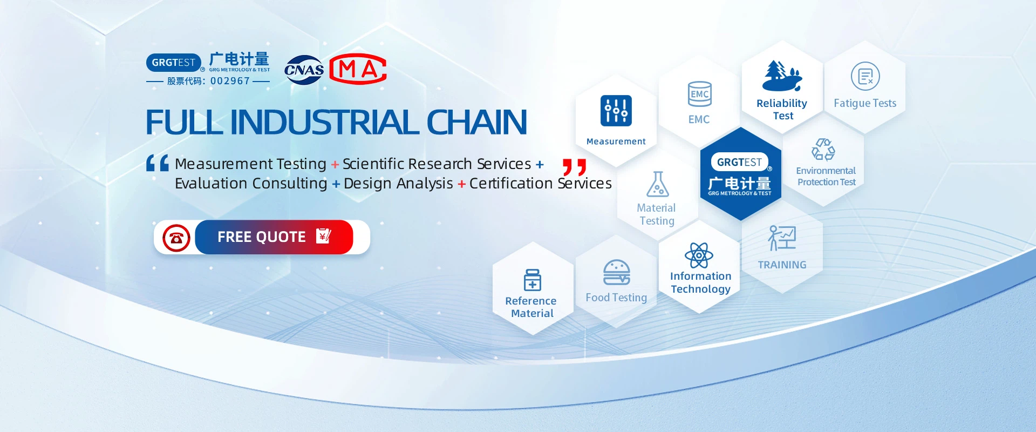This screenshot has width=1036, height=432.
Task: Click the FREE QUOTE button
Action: [274, 237]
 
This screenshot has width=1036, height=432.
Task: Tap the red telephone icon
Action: [176, 238]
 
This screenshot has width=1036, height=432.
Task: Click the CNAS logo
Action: [304, 70]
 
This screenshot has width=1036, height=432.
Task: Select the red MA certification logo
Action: [358, 69]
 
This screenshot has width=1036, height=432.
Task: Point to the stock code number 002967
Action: [230, 81]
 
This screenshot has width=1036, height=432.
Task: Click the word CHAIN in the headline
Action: [476, 122]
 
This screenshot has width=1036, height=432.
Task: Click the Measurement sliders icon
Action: [616, 111]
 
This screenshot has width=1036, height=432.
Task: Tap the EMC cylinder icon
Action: [700, 94]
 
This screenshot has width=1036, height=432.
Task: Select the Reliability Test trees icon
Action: [782, 76]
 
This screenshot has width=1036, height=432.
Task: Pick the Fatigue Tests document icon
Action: [865, 76]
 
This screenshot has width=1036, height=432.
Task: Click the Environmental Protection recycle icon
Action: [823, 150]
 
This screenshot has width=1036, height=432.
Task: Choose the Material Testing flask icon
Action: [658, 184]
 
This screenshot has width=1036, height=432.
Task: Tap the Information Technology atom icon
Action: [699, 255]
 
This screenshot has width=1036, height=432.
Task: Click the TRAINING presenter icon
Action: [782, 238]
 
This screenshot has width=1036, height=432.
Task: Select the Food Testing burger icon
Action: [617, 272]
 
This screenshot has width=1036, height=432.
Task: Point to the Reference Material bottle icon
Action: [533, 280]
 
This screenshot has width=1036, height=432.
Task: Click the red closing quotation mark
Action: [574, 167]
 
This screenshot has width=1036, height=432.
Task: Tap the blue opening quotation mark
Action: [158, 163]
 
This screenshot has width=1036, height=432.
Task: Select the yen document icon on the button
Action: [323, 236]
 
